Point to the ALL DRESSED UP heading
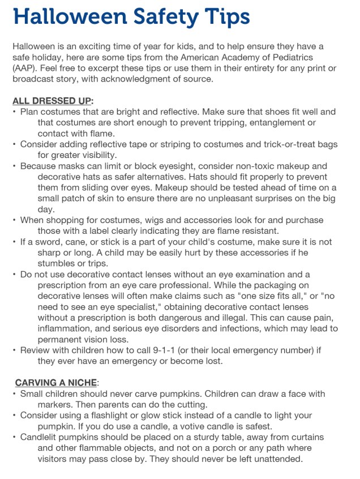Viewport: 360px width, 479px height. point(53,101)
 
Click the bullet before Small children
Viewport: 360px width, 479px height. point(15,394)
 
